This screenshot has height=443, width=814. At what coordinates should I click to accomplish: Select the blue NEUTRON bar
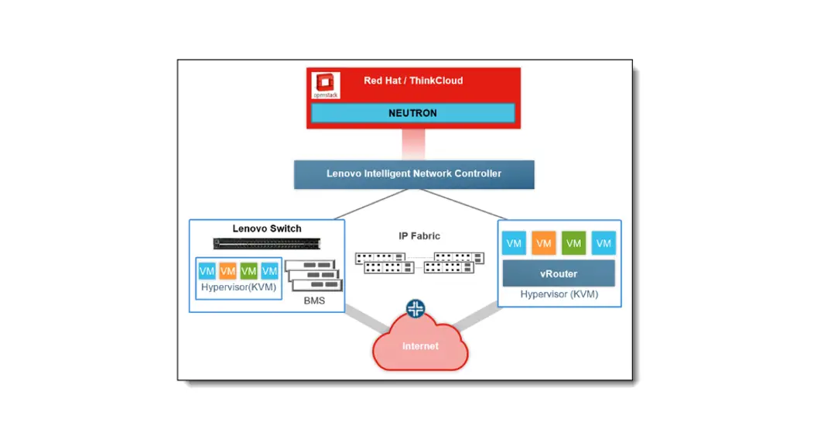[x=412, y=113]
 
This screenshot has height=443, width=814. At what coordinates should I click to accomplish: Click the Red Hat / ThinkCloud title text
[x=413, y=81]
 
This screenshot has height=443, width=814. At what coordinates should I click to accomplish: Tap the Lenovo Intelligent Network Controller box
[x=413, y=173]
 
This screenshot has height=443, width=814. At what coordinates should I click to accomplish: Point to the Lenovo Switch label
[x=267, y=228]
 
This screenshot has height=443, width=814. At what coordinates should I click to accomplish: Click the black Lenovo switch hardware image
[x=266, y=243]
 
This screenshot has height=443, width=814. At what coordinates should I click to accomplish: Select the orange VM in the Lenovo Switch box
[x=227, y=271]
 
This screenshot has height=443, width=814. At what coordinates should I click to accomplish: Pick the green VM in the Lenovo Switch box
[x=248, y=271]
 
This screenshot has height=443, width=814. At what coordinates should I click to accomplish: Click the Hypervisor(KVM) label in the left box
[x=238, y=287]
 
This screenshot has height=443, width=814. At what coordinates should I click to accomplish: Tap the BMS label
[x=313, y=300]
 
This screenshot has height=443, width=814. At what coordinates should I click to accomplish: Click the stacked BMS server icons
[x=313, y=276]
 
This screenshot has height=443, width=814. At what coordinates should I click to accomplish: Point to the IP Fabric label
[x=419, y=236]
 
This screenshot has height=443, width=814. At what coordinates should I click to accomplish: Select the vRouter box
[x=558, y=273]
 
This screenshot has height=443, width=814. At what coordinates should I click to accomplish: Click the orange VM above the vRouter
[x=544, y=243]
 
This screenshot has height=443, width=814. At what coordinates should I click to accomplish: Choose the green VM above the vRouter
[x=573, y=243]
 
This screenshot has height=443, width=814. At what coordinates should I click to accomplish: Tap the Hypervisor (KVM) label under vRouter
[x=559, y=294]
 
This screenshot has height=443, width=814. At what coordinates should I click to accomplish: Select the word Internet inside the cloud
[x=419, y=346]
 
